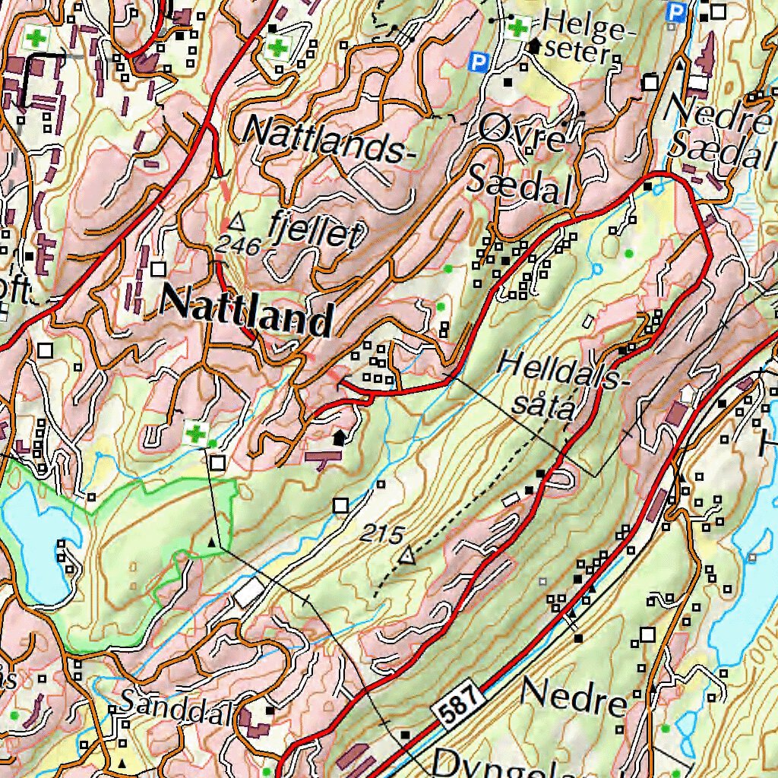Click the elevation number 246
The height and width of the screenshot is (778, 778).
[x=238, y=245]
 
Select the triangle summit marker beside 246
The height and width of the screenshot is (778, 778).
[x=237, y=222]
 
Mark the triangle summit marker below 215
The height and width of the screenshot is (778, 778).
[x=408, y=557]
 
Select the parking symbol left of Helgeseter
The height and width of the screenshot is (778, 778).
[x=477, y=61]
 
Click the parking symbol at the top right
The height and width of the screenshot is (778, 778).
[x=674, y=11]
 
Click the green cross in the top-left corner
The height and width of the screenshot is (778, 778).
[x=35, y=36]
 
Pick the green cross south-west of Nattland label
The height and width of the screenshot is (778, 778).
[x=195, y=435]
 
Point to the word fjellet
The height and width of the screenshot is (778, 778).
[x=314, y=230]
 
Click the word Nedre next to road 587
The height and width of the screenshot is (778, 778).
[x=574, y=697]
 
